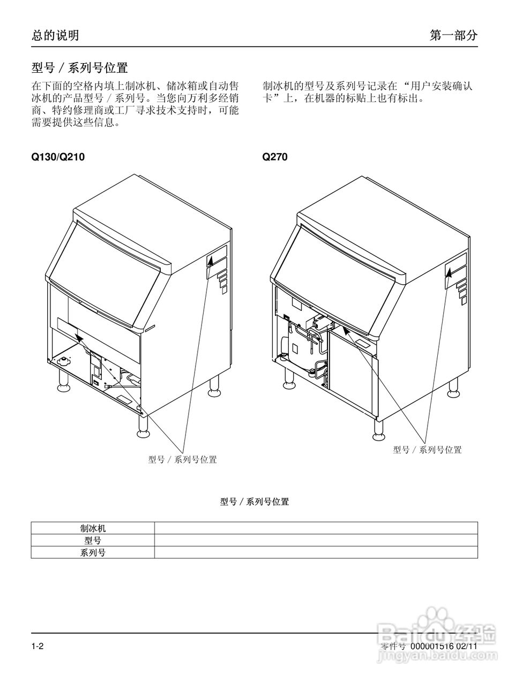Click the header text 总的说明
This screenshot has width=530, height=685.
[x=55, y=35]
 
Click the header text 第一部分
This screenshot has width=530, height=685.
[x=453, y=35]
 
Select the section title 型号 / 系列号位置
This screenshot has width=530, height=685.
[x=79, y=68]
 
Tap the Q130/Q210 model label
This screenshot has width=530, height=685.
[x=58, y=157]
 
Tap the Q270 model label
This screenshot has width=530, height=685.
[x=275, y=157]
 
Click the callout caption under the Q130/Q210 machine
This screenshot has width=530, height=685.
[x=182, y=459]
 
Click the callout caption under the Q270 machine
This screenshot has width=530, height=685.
[x=427, y=450]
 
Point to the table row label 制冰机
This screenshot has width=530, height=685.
[x=93, y=528]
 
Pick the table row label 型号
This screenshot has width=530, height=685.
[x=93, y=541]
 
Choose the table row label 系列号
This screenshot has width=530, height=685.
[x=93, y=553]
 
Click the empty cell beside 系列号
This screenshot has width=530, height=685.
[x=316, y=553]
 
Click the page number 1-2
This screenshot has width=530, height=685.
[x=37, y=646]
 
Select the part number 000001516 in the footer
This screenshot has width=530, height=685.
[x=432, y=646]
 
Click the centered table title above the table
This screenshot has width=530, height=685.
[x=255, y=502]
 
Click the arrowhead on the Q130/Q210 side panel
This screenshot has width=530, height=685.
[x=210, y=261]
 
